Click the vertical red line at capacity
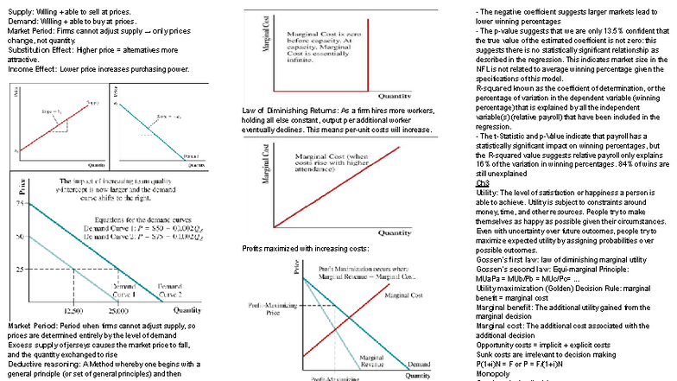pyautogui.click(x=275, y=52)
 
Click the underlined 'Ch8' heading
pyautogui.click(x=482, y=183)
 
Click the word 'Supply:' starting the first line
pyautogui.click(x=21, y=10)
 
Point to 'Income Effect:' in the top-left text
pyautogui.click(x=35, y=68)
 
